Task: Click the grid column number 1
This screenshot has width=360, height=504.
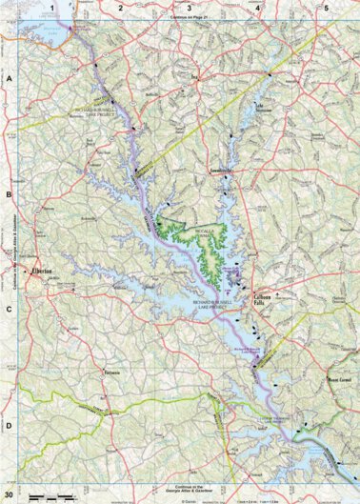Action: [51, 8]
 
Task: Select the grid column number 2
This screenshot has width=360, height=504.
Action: [120, 8]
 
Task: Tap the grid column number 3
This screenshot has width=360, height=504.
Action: [189, 8]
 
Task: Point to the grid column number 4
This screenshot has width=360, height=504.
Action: [257, 8]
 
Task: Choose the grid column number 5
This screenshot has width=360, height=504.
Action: [326, 8]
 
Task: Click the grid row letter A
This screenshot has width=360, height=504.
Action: [9, 80]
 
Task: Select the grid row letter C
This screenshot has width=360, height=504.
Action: [9, 309]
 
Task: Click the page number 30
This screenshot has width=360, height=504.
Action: [10, 495]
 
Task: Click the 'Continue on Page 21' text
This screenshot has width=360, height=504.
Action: [189, 18]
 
